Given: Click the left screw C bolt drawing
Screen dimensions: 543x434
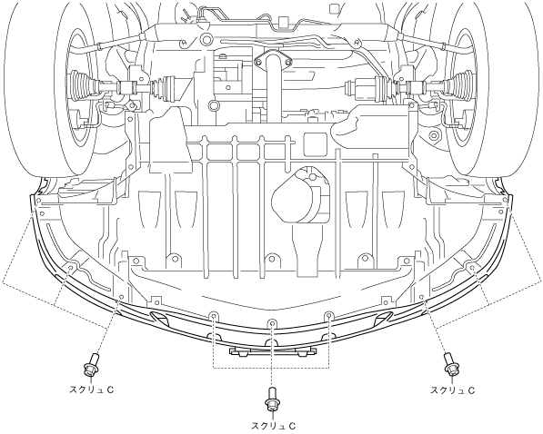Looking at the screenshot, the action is coord(91,366).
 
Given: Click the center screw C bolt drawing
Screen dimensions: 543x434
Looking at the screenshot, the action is coord(272,399).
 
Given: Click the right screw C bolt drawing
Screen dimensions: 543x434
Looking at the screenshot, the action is coord(451,365).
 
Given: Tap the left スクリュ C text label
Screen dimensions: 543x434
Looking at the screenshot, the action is coord(92,390).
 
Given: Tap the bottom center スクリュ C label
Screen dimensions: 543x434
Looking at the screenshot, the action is coord(273,426).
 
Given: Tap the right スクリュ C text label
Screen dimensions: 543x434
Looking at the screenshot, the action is coord(452,390).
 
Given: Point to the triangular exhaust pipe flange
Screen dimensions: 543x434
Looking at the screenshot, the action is coord(272,61).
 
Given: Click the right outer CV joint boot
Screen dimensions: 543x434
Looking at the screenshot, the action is coord(458,85).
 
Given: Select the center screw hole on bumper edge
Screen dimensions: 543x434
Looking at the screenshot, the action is coord(273,323).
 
